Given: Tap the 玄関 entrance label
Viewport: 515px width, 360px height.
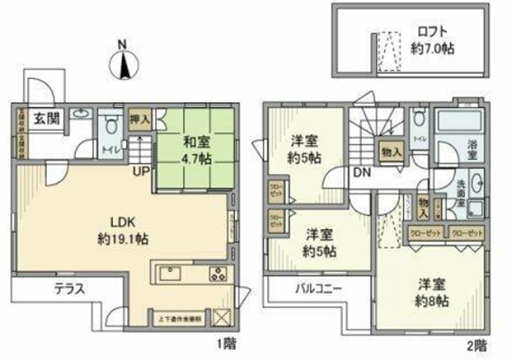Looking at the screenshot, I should click(44, 119).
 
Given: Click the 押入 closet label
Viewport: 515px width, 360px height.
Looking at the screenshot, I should click(139, 119).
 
